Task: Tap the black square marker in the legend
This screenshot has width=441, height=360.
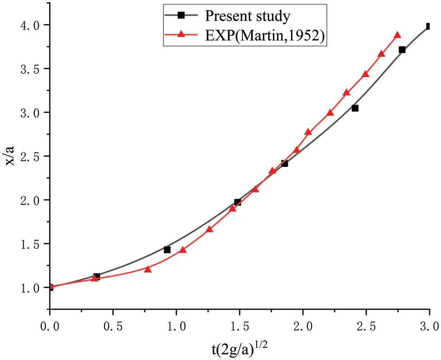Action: point(182,16)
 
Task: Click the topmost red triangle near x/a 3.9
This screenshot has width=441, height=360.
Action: point(397,35)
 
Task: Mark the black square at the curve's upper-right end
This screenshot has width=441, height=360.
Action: point(428,26)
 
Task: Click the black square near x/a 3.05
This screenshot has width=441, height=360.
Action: point(355,108)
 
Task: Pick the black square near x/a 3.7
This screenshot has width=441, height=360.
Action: point(402,50)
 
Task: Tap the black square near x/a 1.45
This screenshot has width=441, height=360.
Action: point(167,250)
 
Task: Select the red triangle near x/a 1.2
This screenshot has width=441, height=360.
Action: point(148,269)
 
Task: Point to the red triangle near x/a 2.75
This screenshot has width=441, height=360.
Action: point(308,132)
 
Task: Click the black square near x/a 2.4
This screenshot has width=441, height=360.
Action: point(285,164)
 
